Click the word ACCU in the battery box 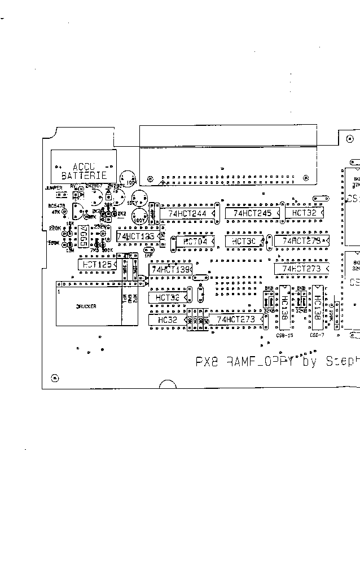point(84,166)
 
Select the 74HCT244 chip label point(186,213)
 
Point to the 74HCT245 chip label point(252,213)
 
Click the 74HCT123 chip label point(135,236)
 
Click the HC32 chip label point(168,320)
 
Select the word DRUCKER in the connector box point(86,306)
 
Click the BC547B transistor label point(57,206)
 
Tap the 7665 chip point(82,231)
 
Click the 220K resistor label point(54,228)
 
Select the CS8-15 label point(284,335)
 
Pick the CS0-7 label point(317,335)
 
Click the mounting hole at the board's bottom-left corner point(54,378)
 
